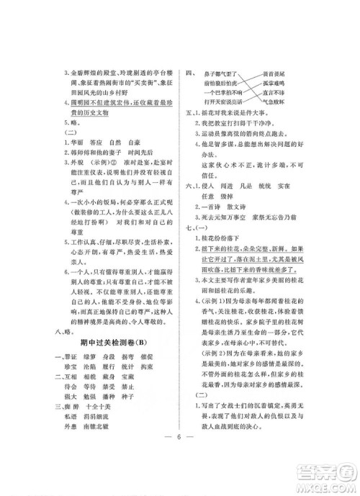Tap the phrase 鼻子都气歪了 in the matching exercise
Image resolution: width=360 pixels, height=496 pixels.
pos(222,73)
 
